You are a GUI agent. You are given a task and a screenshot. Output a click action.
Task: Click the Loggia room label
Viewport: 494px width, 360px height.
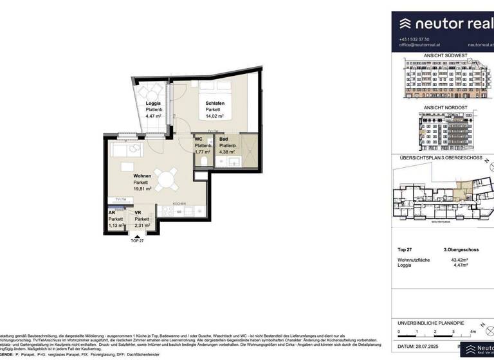coord(153,104)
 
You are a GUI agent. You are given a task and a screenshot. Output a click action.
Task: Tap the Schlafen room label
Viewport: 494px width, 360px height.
coord(214,104)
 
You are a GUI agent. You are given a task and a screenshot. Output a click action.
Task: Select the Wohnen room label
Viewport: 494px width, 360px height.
coord(142,175)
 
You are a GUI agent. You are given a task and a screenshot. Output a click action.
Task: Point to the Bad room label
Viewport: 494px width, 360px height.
coord(223,139)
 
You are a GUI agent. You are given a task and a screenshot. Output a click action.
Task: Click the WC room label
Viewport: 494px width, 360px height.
coord(199,139)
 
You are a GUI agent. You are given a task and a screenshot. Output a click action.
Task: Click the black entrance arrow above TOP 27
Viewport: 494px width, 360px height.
coord(136,235)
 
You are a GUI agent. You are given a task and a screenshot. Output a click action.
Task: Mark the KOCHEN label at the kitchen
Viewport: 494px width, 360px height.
coord(179,204)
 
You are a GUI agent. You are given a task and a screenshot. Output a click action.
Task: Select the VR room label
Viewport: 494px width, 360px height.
coord(138,212)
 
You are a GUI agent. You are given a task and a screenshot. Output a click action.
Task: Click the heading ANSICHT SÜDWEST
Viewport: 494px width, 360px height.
coord(444,55)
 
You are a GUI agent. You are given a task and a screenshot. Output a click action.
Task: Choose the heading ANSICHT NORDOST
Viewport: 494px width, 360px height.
coord(444,107)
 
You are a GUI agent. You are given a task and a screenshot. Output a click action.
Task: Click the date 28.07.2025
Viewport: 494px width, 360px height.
coord(430,346)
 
